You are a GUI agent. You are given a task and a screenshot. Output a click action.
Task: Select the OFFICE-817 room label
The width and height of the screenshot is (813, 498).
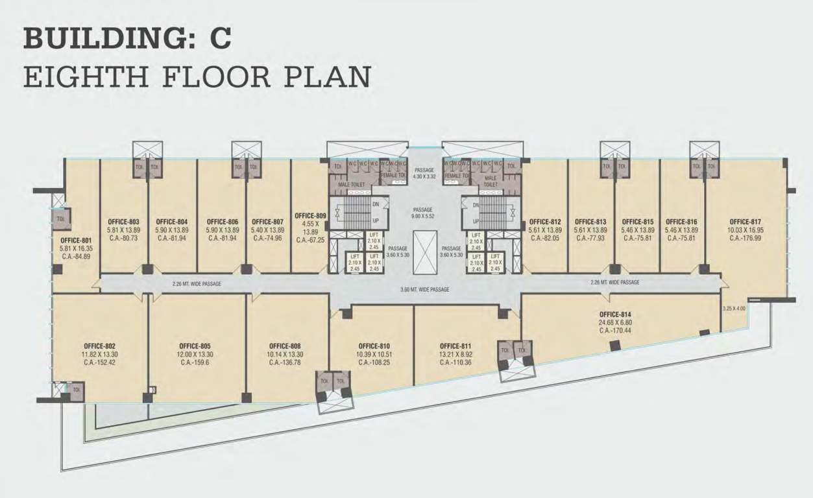745,221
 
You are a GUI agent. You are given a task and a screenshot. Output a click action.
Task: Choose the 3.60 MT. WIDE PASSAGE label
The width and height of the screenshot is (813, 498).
426,289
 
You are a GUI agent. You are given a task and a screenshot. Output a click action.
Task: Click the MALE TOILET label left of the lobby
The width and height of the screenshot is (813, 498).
351,185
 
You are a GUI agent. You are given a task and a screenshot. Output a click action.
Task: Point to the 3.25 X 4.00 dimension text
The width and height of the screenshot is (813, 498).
734,309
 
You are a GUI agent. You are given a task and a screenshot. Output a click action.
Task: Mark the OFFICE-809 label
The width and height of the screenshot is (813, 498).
309,216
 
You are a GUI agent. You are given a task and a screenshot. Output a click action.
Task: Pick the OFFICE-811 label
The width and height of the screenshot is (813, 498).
455,346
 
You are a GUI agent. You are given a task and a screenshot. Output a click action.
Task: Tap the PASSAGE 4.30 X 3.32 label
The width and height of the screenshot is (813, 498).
424,173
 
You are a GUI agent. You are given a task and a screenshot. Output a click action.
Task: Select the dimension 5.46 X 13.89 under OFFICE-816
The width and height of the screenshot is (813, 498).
681,230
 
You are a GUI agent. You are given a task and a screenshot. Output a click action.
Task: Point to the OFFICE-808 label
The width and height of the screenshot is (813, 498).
285,346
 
